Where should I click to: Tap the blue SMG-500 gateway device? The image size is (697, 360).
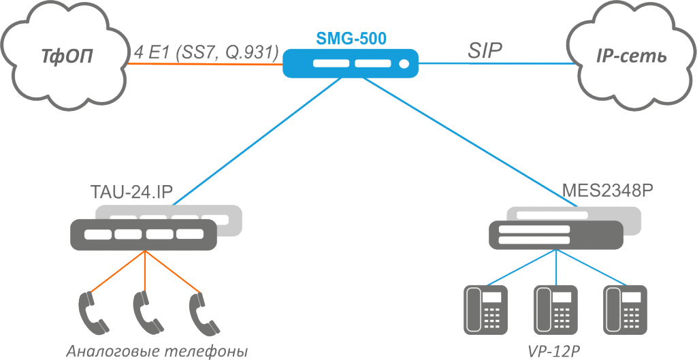350,63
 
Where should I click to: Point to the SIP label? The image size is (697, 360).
484,50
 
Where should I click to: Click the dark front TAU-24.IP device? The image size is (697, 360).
143,233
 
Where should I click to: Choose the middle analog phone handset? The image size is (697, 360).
144,310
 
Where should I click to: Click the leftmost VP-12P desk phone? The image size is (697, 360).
485,309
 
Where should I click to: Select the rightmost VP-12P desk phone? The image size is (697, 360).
623,309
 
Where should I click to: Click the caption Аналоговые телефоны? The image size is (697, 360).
157,350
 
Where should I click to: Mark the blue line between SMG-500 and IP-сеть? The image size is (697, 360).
497,65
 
